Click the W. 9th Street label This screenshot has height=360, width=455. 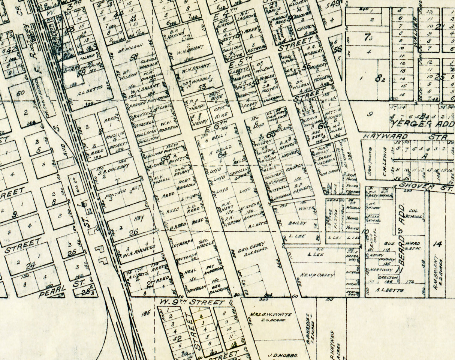coord(192,302)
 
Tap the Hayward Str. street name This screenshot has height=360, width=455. coord(405,137)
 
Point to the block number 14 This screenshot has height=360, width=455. coord(437,244)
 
